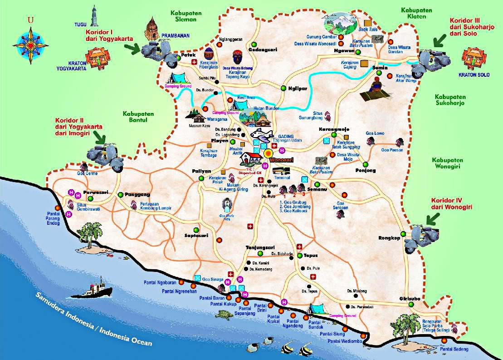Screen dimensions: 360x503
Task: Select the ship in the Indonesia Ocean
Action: point(94,289)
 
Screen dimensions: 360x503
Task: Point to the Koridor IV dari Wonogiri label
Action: point(452,204)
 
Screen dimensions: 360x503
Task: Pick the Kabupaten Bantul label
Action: point(138,118)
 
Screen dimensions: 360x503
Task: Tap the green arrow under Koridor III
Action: point(438,40)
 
